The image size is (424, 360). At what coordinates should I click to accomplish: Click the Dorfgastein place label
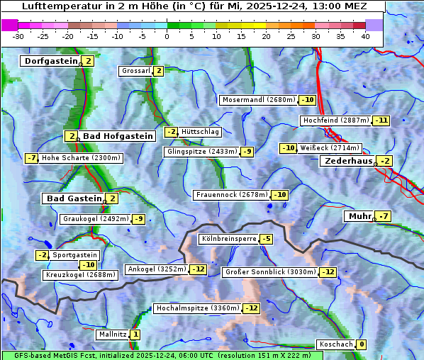50,61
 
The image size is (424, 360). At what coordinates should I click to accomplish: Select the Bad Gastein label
74,198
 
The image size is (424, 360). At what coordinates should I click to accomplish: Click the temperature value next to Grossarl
159,71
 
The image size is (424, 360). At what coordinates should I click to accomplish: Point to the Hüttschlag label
201,132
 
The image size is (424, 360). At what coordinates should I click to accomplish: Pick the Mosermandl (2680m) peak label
258,100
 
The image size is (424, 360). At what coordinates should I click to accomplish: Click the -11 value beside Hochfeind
382,120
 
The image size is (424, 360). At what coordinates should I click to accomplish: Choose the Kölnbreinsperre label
228,239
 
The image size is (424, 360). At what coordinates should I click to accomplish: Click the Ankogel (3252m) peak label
157,269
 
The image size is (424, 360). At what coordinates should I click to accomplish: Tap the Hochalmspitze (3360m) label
197,308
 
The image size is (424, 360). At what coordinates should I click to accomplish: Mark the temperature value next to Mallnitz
135,334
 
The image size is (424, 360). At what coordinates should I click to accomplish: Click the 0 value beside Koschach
362,344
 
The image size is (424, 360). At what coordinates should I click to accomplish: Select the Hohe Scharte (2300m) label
82,158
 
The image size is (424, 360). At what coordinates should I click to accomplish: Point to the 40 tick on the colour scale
365,36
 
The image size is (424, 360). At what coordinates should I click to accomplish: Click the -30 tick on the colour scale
18,36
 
